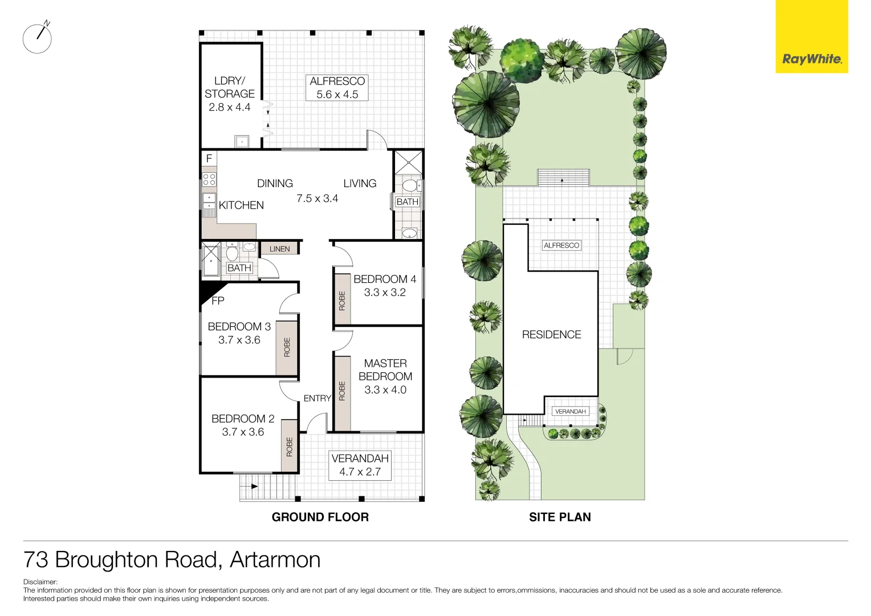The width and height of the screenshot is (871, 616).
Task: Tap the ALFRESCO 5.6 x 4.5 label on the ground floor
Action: click(x=337, y=88)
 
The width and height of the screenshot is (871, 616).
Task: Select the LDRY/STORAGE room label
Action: click(x=230, y=94)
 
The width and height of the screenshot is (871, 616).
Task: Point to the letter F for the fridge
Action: click(x=209, y=159)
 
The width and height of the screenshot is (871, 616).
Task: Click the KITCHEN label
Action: click(x=241, y=205)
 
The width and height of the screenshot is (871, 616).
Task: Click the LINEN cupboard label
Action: click(x=279, y=249)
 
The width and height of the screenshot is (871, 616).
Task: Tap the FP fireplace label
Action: click(x=218, y=301)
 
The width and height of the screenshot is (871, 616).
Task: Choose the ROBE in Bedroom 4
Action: click(x=342, y=301)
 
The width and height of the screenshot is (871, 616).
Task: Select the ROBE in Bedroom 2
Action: click(x=290, y=447)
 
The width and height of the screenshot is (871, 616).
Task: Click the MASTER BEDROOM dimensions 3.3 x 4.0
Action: click(x=385, y=390)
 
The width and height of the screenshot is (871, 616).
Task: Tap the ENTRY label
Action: click(x=317, y=398)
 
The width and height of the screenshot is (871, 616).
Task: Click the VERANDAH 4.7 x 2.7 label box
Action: click(x=360, y=465)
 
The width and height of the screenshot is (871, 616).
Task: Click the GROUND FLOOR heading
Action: click(x=320, y=517)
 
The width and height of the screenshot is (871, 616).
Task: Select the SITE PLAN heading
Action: click(x=560, y=517)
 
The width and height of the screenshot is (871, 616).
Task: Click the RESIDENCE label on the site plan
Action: click(x=551, y=335)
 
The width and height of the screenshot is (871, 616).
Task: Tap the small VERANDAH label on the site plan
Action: click(x=570, y=411)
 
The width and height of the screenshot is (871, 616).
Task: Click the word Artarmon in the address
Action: click(x=275, y=560)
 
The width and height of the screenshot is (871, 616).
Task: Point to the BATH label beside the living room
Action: click(x=407, y=202)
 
